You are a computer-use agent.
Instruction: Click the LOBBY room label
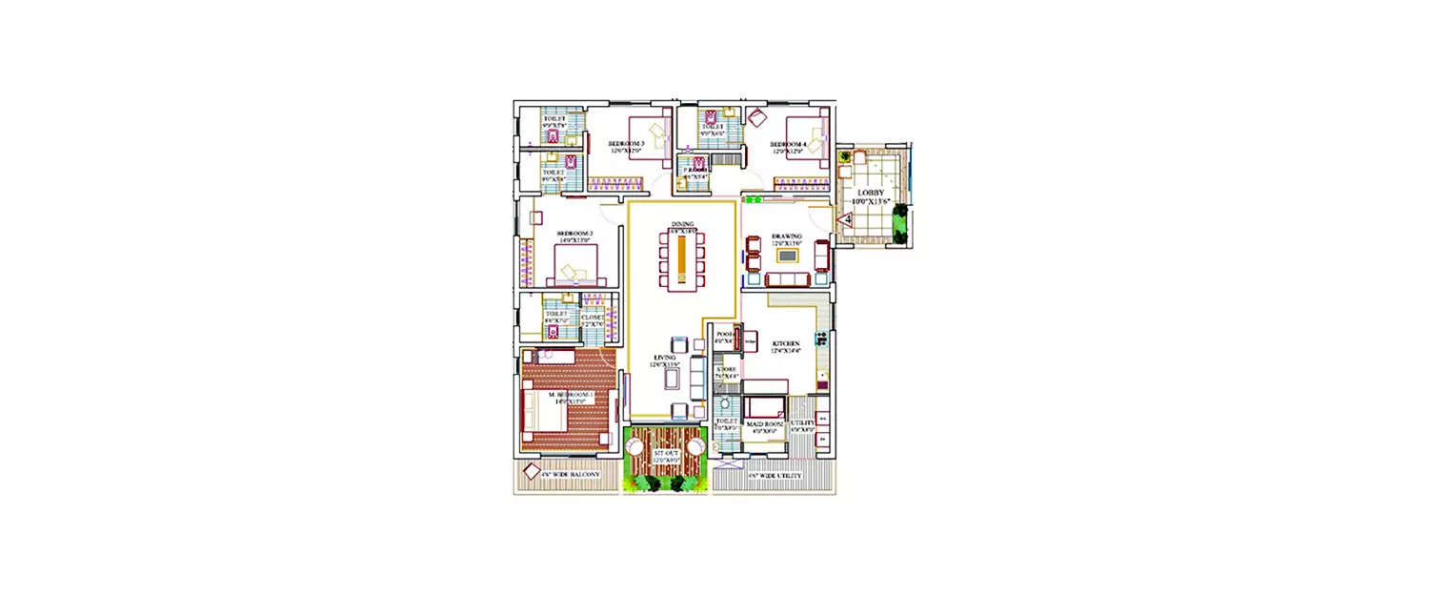pyautogui.click(x=871, y=193)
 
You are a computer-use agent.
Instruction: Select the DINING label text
pyautogui.click(x=682, y=223)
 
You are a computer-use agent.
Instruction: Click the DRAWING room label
pyautogui.click(x=787, y=236)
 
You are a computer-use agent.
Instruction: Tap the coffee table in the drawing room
pyautogui.click(x=787, y=256)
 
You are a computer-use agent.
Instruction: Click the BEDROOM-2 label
pyautogui.click(x=575, y=234)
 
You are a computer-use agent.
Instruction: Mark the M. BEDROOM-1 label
pyautogui.click(x=570, y=395)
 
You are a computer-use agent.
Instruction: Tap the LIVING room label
pyautogui.click(x=664, y=359)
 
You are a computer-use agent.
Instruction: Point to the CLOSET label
pyautogui.click(x=593, y=318)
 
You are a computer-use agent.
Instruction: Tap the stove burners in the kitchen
pyautogui.click(x=820, y=338)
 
